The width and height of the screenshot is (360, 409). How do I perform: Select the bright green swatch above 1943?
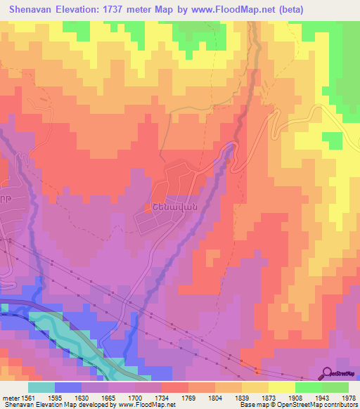pos(308,387)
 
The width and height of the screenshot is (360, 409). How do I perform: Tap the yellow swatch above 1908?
pos(281,387)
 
